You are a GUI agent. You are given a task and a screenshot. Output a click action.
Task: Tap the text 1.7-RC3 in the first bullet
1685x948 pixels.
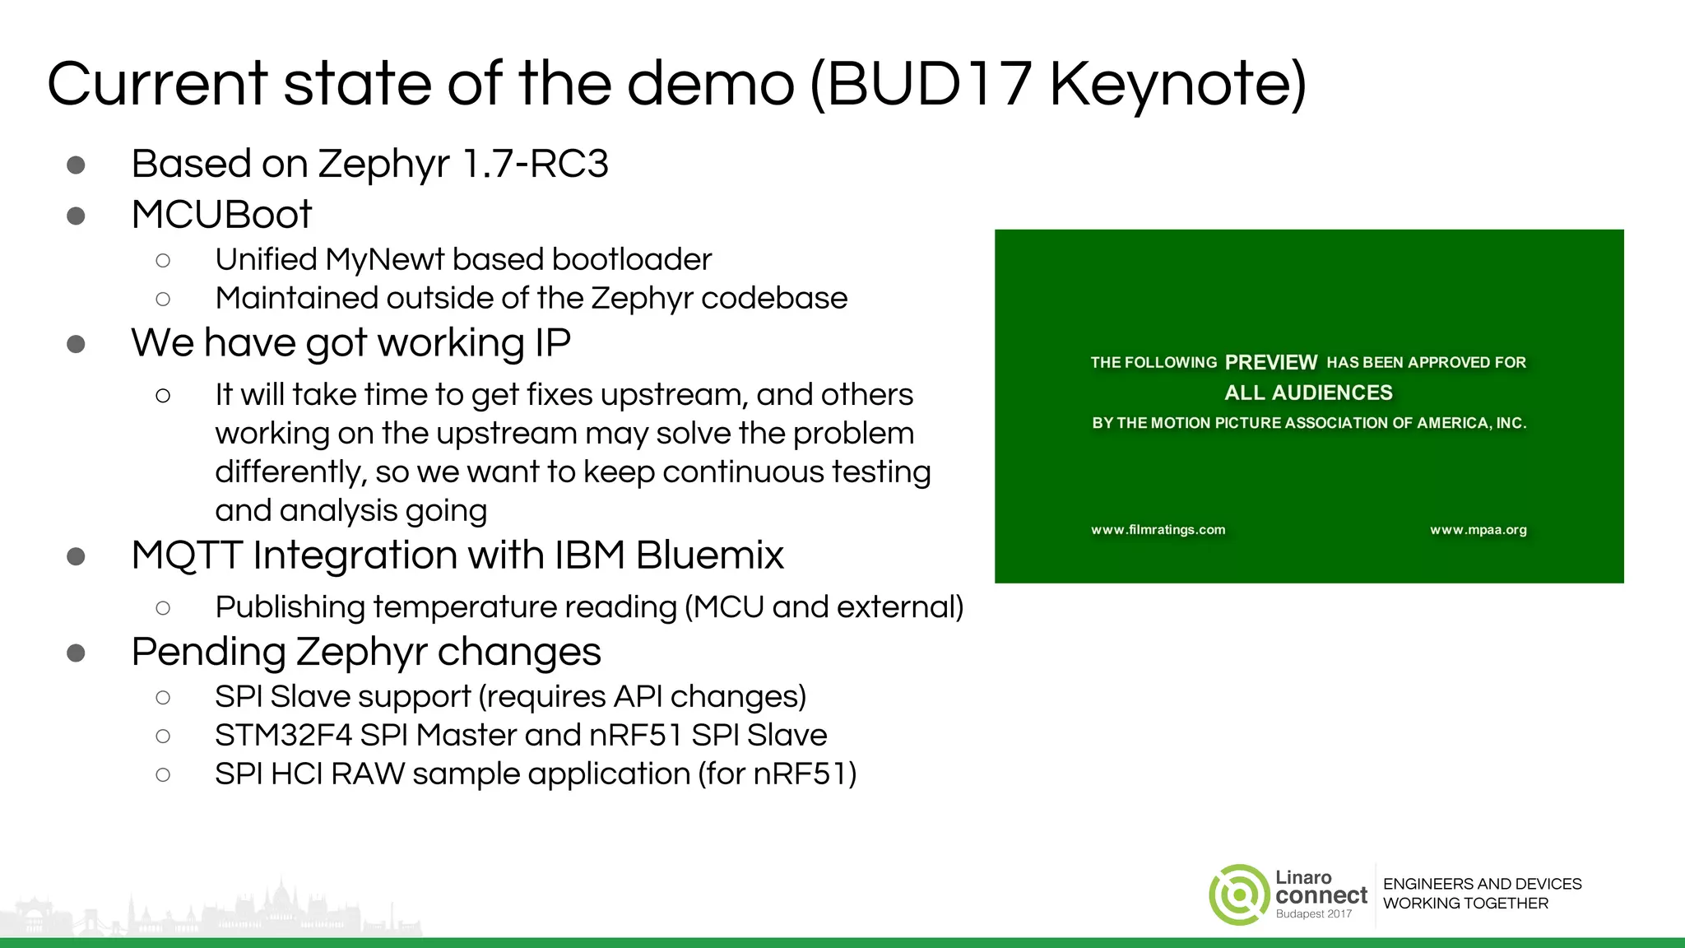[x=535, y=163]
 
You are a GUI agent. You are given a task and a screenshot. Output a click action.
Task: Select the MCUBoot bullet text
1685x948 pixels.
[x=221, y=215]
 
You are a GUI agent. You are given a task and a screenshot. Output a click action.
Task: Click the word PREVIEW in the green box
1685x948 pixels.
[x=1270, y=362]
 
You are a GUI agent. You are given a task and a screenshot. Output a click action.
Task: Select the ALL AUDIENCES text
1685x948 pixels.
[x=1308, y=393]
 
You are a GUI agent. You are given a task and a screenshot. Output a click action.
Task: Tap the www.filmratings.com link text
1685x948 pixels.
[x=1158, y=530]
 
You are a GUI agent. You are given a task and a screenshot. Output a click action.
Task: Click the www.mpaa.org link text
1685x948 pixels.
[x=1478, y=530]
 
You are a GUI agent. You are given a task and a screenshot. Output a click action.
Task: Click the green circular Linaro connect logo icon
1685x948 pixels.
[x=1238, y=895]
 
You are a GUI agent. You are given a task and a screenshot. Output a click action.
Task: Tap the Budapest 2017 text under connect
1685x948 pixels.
[x=1313, y=914]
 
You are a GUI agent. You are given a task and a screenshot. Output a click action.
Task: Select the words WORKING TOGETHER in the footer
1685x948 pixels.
[x=1465, y=904]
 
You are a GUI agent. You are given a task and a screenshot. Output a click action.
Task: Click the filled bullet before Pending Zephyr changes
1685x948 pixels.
[x=76, y=653]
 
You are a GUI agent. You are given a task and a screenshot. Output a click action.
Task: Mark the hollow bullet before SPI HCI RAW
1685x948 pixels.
[x=163, y=774]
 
